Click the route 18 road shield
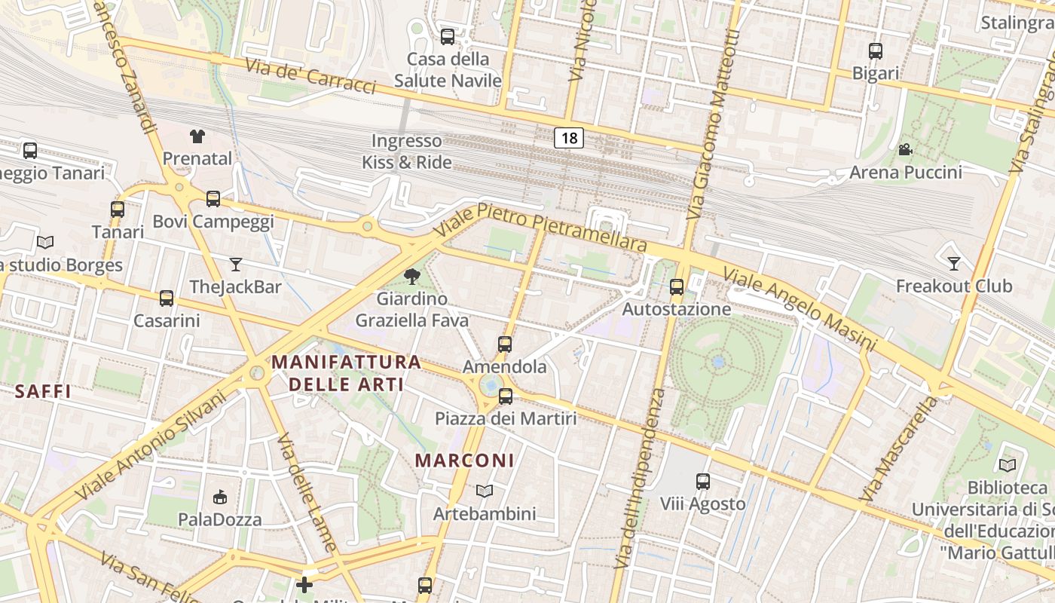[x=569, y=138]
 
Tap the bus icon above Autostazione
[x=677, y=287]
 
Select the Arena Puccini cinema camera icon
[x=905, y=149]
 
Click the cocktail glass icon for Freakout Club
[x=953, y=264]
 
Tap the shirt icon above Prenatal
[x=197, y=136]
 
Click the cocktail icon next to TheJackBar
[x=236, y=265]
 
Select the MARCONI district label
[x=465, y=460]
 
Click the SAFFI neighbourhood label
[x=43, y=391]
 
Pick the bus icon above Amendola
[x=505, y=344]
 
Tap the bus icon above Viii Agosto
[x=703, y=481]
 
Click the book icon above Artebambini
[x=485, y=491]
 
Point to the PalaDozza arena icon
[x=220, y=497]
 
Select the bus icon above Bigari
[x=875, y=51]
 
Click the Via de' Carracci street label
[x=310, y=76]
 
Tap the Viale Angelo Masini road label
[x=800, y=308]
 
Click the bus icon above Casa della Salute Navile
[x=448, y=36]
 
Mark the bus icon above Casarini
[x=167, y=298]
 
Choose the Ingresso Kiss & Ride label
[x=407, y=152]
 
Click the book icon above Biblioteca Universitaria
[x=1008, y=466]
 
